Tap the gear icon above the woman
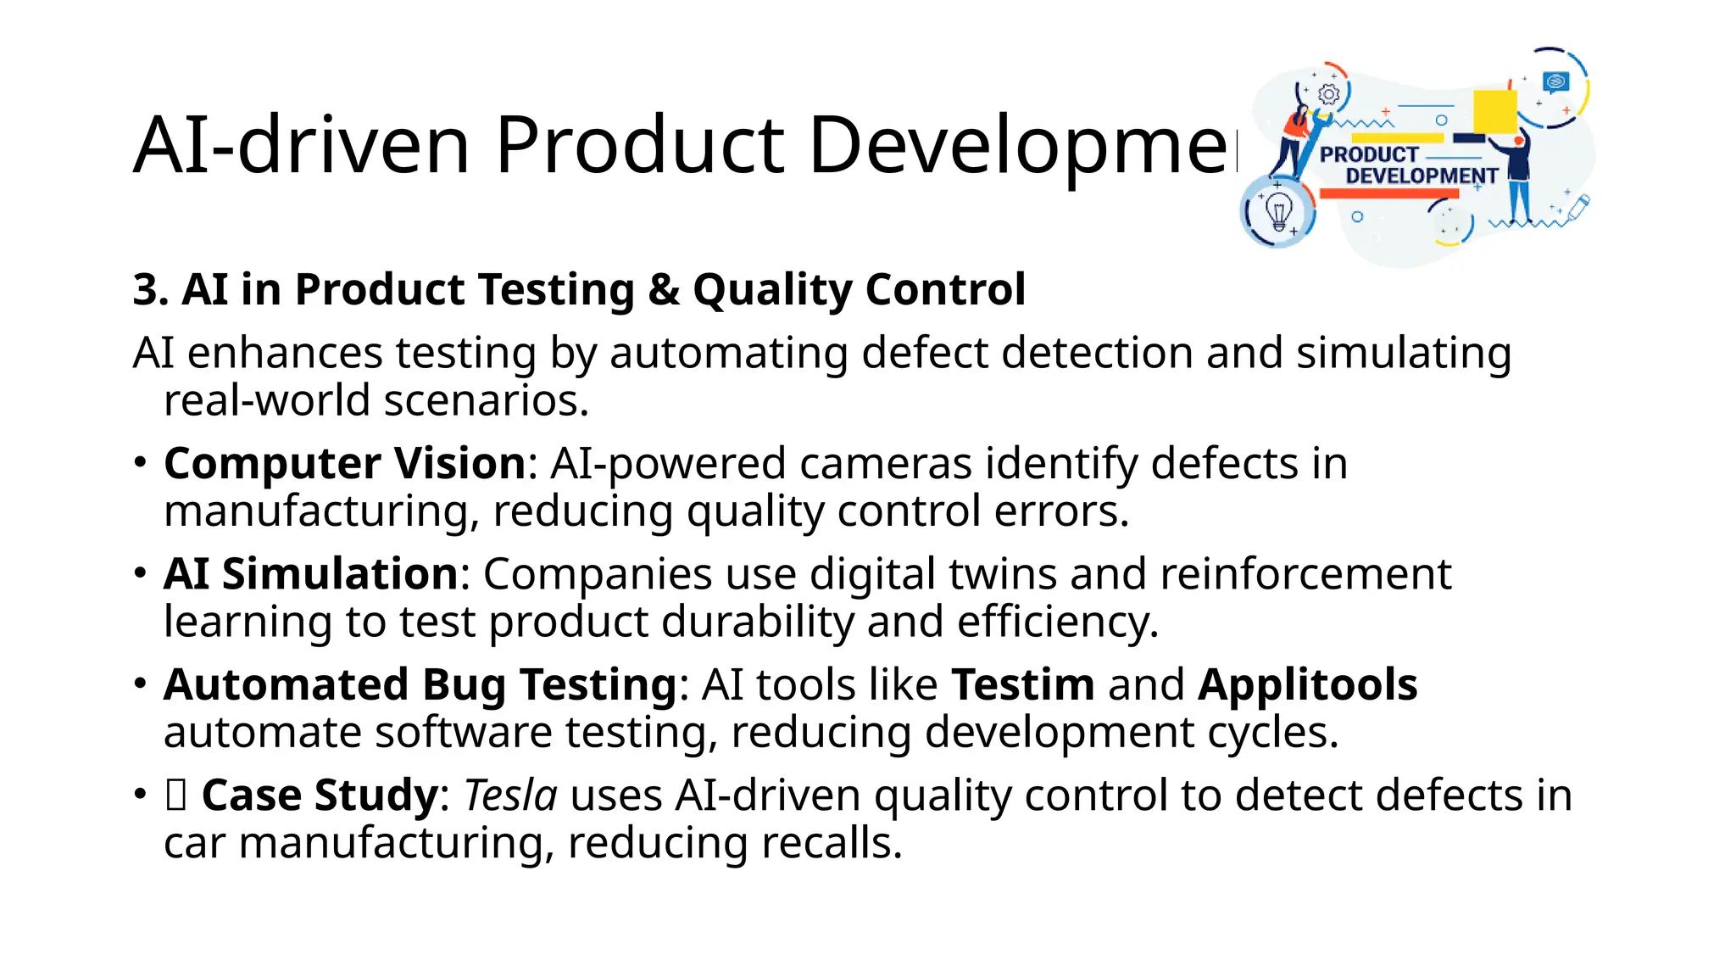[x=1329, y=93]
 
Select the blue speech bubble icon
[x=1556, y=81]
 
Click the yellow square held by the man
[x=1495, y=111]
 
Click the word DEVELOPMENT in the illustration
[x=1422, y=176]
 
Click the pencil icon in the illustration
[x=1578, y=206]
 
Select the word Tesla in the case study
[x=510, y=796]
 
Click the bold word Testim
[x=1022, y=684]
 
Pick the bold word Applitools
[x=1307, y=684]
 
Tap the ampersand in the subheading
[x=664, y=289]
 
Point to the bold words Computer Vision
[x=345, y=463]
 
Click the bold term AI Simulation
[x=311, y=573]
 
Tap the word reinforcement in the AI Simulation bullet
[x=1305, y=573]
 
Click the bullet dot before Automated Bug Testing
[x=141, y=684]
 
